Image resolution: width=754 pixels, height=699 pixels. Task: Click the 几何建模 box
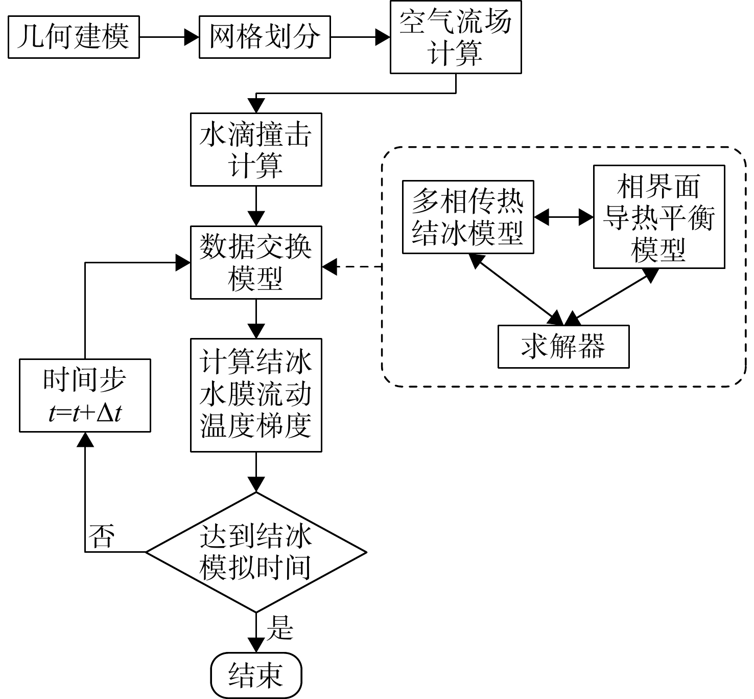point(74,37)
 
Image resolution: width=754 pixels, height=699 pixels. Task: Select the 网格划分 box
point(265,37)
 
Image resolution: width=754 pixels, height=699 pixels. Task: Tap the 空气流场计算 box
point(456,37)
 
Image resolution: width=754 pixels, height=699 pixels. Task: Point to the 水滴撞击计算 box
point(256,149)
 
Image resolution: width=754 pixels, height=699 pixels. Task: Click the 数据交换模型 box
point(256,263)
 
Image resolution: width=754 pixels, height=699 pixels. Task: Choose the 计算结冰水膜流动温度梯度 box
point(256,395)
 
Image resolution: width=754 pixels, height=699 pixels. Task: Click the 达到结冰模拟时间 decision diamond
point(256,552)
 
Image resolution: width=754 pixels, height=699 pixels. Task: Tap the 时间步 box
point(85,396)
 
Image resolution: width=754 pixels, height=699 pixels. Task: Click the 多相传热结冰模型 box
point(468,217)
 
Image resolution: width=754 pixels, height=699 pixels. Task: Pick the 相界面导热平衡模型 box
point(659,217)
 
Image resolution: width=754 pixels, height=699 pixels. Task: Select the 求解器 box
point(563,347)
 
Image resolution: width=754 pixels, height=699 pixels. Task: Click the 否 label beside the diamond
point(101,536)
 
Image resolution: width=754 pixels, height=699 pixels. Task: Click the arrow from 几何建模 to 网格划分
point(169,37)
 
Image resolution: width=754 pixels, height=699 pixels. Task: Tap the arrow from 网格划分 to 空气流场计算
point(360,37)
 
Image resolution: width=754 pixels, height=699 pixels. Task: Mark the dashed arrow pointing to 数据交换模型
point(351,267)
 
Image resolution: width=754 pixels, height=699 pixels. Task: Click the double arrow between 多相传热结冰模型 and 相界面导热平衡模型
point(564,217)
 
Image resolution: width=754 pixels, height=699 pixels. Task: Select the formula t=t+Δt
point(85,414)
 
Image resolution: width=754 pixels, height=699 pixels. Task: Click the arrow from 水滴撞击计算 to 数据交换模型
point(256,206)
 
